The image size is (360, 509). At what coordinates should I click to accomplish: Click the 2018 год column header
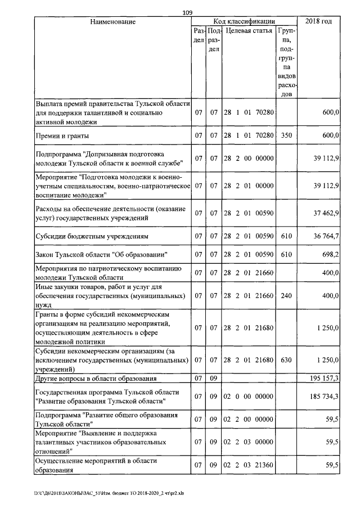click(x=318, y=21)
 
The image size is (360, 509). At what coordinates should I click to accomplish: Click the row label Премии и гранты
click(x=62, y=136)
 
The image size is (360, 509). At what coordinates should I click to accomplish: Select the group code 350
click(x=286, y=136)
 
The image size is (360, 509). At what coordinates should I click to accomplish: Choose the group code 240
click(x=286, y=295)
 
